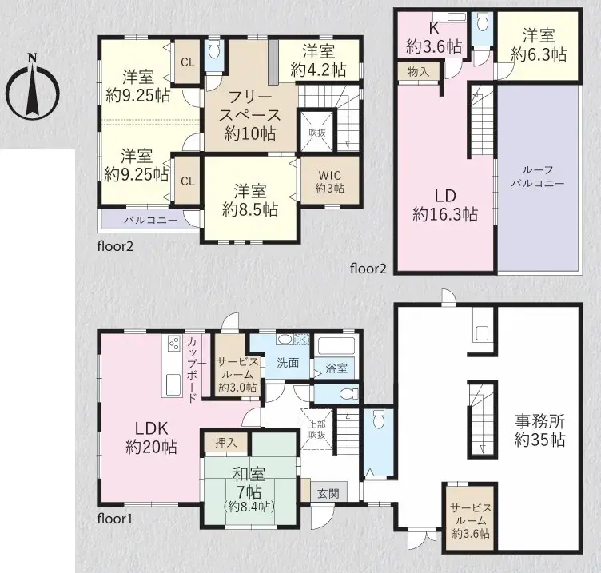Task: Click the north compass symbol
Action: click(31, 84)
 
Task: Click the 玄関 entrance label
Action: click(328, 493)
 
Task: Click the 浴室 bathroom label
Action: click(336, 368)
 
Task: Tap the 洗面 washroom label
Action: click(288, 362)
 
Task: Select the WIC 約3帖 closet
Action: click(329, 181)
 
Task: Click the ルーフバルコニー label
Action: click(538, 176)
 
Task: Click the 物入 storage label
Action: click(418, 72)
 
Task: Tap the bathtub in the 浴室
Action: click(337, 347)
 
